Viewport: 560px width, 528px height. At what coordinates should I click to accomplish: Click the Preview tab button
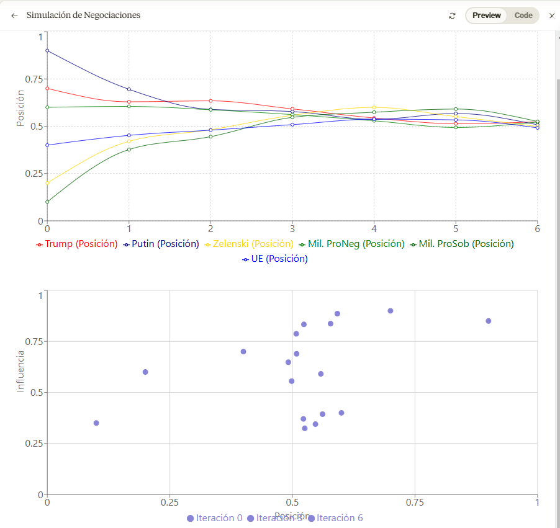pyautogui.click(x=486, y=16)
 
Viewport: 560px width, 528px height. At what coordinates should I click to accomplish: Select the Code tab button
pyautogui.click(x=523, y=16)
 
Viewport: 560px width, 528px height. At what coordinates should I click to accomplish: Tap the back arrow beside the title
pyautogui.click(x=14, y=16)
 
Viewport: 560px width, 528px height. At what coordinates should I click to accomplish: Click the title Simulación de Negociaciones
pyautogui.click(x=83, y=15)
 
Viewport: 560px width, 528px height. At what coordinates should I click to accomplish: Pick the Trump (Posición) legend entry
pyautogui.click(x=77, y=244)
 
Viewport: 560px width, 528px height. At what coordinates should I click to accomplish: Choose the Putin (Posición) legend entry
pyautogui.click(x=161, y=244)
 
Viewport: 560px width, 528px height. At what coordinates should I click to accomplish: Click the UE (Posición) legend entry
pyautogui.click(x=275, y=259)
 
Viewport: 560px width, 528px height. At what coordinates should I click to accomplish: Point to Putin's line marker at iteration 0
pyautogui.click(x=47, y=51)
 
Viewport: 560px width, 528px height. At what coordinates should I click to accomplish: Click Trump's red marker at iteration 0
pyautogui.click(x=47, y=88)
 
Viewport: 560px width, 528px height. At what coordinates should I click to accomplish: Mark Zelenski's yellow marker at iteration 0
pyautogui.click(x=47, y=183)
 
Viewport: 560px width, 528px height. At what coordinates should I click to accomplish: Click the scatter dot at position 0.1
pyautogui.click(x=96, y=423)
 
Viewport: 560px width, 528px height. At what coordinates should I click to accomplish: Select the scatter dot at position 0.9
pyautogui.click(x=488, y=321)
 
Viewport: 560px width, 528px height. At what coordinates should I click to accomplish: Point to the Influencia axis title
pyautogui.click(x=21, y=372)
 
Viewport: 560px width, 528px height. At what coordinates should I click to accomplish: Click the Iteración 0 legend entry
pyautogui.click(x=214, y=518)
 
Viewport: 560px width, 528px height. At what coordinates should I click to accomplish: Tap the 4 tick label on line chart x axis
pyautogui.click(x=374, y=228)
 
